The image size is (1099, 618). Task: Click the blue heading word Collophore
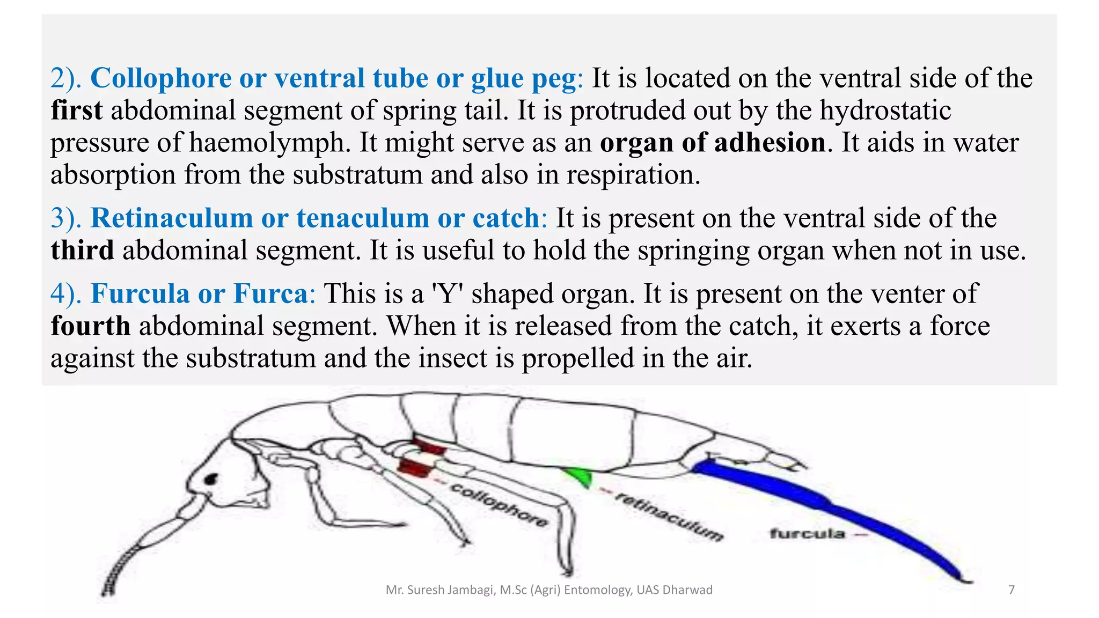(161, 78)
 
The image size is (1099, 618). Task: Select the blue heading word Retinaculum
(171, 218)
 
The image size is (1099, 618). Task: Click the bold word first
(76, 111)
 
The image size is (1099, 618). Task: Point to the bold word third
(82, 251)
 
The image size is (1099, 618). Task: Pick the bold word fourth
(90, 326)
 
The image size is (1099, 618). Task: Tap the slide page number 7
(1012, 590)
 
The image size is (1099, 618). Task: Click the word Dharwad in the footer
(687, 590)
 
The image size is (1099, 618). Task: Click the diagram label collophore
(499, 505)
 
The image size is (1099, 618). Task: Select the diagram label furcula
(807, 534)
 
